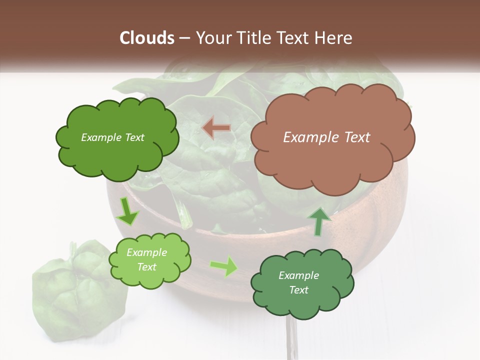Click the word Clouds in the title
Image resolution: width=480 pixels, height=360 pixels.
point(147,38)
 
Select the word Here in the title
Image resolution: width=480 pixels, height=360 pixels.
point(334,38)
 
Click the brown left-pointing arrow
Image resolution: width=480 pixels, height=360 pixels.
point(216,128)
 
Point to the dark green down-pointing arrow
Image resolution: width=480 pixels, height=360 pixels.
point(128,211)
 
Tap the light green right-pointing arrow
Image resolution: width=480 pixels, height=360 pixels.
point(224,266)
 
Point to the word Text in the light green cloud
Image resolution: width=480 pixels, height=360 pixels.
point(147,267)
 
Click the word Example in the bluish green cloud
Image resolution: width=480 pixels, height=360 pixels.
point(298,275)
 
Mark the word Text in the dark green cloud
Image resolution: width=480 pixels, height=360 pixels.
point(134,137)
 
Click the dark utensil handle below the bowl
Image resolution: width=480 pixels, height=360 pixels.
point(290,340)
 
